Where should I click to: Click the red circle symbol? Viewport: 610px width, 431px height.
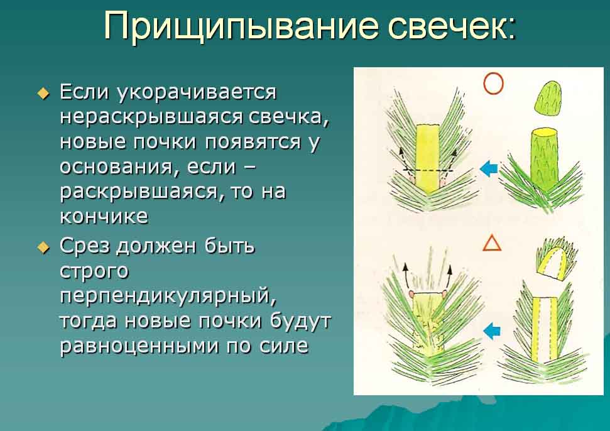493,83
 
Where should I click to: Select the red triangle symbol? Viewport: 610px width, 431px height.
492,244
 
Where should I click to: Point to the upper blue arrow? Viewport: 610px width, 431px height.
489,169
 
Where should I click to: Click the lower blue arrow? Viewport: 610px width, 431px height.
492,331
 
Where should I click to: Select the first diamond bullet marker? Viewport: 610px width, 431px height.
43,94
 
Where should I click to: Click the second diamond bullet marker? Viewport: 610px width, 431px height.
43,248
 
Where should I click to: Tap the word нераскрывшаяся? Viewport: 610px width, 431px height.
151,117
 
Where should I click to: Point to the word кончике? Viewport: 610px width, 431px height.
104,216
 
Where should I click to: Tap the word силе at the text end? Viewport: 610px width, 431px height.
283,346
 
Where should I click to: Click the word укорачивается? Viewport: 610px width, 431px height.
197,92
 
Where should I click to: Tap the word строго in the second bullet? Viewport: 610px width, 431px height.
94,272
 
